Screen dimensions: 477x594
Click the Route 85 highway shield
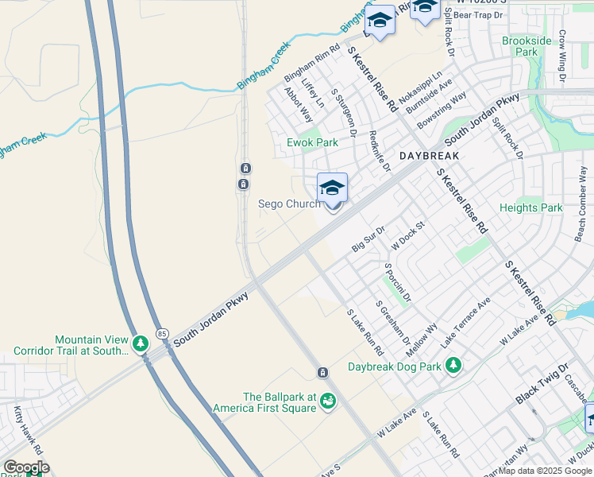[x=162, y=332]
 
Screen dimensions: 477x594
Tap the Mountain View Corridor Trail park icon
[x=141, y=343]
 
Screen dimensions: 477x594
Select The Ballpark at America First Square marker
[x=327, y=403]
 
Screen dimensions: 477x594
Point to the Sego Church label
[x=289, y=204]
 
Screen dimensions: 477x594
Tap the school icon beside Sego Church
[x=332, y=188]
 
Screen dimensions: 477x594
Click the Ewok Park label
[x=312, y=143]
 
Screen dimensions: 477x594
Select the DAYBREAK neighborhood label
[x=429, y=156]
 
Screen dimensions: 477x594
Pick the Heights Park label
[x=530, y=208]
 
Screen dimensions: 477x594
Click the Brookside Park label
[x=525, y=46]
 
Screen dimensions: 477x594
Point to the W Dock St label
[x=408, y=235]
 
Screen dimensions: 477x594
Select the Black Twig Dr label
[x=542, y=384]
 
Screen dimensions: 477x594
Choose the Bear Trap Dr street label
[x=477, y=14]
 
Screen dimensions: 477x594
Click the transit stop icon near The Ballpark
[x=322, y=373]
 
